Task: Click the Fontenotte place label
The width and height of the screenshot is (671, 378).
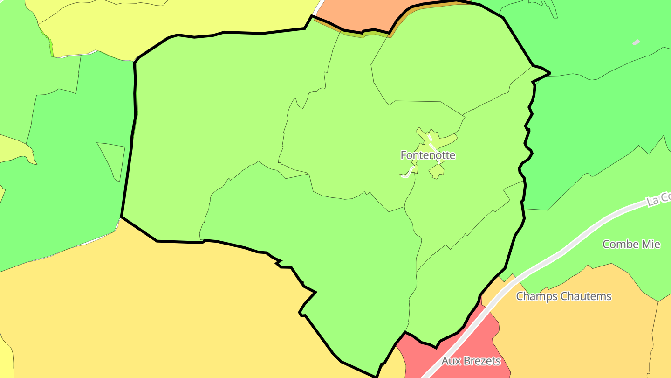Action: tap(428, 155)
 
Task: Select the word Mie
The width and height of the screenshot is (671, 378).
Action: tap(651, 244)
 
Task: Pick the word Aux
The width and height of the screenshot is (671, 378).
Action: tap(450, 361)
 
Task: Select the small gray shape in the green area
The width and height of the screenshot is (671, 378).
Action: tap(636, 42)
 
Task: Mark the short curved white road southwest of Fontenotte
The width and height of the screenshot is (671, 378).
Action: tap(408, 173)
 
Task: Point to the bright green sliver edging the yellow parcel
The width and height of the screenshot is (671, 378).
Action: tap(51, 47)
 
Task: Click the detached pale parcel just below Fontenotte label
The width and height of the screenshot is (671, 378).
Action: tap(437, 171)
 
